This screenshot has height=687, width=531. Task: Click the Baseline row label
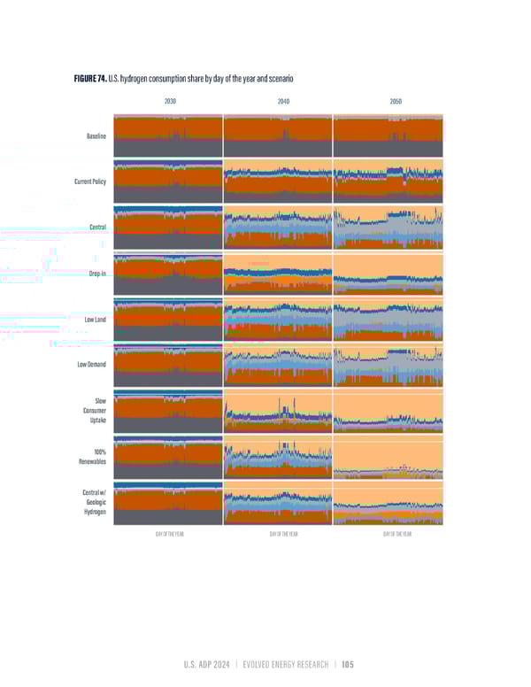point(96,136)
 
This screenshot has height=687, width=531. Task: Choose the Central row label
point(98,228)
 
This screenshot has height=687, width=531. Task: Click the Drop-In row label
point(97,274)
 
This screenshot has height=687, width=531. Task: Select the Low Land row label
point(94,319)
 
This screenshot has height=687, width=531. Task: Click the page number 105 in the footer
point(346,665)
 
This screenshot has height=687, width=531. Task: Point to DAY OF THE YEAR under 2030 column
point(168,535)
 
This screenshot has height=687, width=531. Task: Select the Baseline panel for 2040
point(277,136)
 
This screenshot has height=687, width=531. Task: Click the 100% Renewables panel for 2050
point(388,457)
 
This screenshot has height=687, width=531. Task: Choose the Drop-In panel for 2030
point(167,274)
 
